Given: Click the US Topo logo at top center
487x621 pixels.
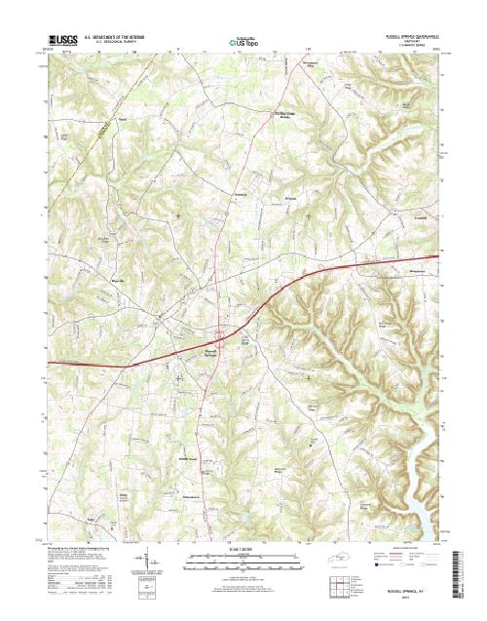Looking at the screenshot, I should click(x=243, y=43).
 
